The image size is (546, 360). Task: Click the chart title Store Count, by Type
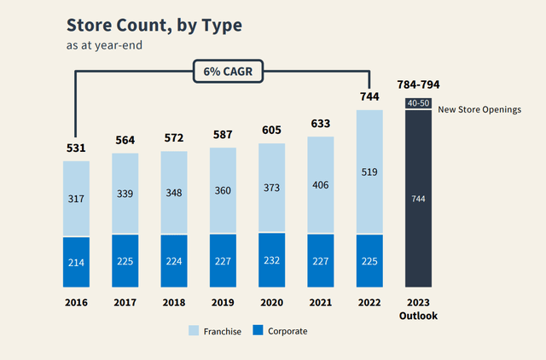[154, 25]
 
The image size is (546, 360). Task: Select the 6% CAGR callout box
[224, 71]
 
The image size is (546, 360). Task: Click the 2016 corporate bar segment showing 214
[76, 262]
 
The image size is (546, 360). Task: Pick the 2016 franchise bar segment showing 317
[76, 199]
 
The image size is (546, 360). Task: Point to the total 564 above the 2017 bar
[125, 142]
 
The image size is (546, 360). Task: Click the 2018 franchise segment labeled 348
[174, 193]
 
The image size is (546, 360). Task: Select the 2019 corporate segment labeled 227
[223, 261]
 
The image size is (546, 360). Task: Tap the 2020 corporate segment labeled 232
[272, 260]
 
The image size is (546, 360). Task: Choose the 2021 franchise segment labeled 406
[321, 185]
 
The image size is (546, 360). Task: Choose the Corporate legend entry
[282, 330]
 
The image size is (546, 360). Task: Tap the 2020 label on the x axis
[272, 302]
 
